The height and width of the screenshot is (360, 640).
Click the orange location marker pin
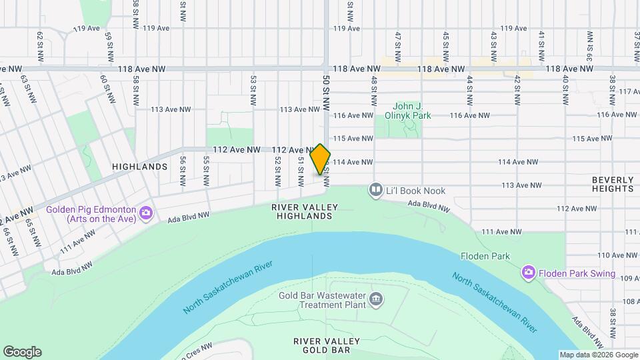click(x=321, y=159)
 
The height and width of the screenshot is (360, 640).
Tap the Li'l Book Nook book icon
click(x=376, y=191)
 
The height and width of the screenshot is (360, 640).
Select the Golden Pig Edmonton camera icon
click(x=146, y=214)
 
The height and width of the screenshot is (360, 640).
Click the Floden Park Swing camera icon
click(x=529, y=273)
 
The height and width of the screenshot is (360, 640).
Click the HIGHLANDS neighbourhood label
click(x=139, y=167)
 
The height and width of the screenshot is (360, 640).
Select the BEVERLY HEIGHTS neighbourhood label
click(x=612, y=185)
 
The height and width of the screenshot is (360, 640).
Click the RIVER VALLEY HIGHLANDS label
click(x=302, y=211)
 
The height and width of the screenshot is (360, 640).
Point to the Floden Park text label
click(x=485, y=256)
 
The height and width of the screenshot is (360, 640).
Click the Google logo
click(x=21, y=352)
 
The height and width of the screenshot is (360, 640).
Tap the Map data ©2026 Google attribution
click(x=598, y=355)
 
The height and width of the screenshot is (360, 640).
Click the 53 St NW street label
click(x=253, y=91)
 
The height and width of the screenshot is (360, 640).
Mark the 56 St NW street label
click(x=182, y=171)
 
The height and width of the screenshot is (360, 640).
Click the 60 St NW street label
click(x=104, y=88)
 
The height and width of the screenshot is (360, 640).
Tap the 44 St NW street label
click(x=470, y=91)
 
